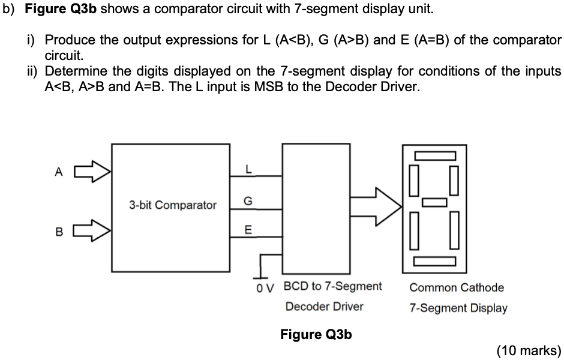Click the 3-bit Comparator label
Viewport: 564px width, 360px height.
tap(172, 205)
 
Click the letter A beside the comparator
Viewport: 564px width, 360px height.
tap(58, 173)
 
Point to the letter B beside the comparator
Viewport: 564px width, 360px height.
tap(58, 230)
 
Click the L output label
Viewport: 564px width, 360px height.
tap(248, 170)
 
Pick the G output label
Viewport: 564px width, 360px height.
tap(248, 200)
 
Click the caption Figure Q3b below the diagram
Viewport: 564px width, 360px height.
tap(316, 334)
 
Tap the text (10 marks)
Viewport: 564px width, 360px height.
tap(529, 351)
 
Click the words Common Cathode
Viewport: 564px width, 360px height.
tap(457, 287)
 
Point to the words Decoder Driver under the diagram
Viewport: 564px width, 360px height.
tap(324, 307)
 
